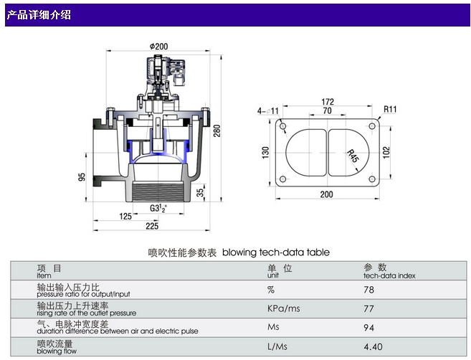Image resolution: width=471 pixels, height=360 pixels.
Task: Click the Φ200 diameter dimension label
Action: [x=158, y=45]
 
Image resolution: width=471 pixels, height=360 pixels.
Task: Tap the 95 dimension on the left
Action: [x=83, y=176]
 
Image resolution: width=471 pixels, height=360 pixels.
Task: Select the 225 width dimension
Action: [x=151, y=226]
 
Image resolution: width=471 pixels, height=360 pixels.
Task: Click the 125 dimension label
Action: [x=125, y=216]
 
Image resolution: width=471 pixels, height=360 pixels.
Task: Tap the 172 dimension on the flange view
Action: [x=328, y=103]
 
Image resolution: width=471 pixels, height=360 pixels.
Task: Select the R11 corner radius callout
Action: [x=390, y=109]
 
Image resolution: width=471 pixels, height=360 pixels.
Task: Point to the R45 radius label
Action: [x=352, y=154]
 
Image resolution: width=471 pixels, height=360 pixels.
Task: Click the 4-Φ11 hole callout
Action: [x=268, y=110]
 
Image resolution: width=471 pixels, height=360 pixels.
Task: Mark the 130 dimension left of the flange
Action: [x=265, y=152]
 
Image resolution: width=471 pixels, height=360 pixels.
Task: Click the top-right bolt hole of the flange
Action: [x=371, y=126]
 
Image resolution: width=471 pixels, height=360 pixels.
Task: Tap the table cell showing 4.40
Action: [x=373, y=348]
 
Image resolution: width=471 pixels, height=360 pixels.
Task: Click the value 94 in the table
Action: [x=370, y=328]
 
